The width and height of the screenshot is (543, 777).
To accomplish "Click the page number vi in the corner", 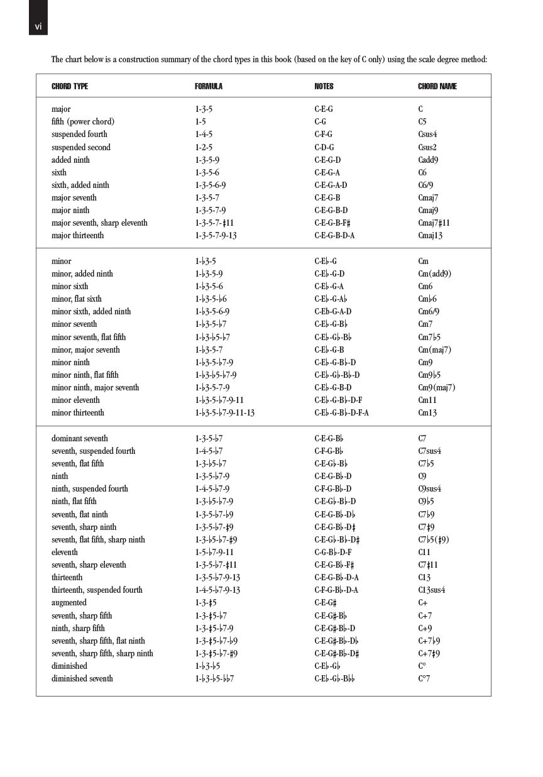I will (38, 26).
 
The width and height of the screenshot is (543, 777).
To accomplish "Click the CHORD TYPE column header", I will (70, 86).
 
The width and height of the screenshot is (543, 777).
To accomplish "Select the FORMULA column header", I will (209, 86).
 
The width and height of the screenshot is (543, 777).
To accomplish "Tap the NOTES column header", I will (324, 86).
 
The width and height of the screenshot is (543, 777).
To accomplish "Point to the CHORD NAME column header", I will (437, 86).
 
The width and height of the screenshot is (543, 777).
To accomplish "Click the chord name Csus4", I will (427, 135).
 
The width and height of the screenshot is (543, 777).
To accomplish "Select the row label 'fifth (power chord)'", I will (83, 122).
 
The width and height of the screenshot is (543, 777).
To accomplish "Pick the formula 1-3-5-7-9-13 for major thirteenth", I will (216, 236).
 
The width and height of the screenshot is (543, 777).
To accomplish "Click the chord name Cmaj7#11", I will (434, 223).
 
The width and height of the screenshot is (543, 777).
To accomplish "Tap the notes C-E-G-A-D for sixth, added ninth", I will (331, 185).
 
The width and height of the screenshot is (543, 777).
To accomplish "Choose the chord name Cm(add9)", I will (434, 274).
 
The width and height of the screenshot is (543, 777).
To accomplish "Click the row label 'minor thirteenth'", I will (78, 413).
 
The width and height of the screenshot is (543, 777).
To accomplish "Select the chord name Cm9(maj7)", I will (436, 388).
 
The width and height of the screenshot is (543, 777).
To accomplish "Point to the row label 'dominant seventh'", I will (80, 439).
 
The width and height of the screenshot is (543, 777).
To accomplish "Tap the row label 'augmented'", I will (69, 603).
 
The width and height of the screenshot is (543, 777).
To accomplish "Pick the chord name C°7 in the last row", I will (424, 679).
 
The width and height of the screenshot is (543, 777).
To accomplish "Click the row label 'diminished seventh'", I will (82, 679).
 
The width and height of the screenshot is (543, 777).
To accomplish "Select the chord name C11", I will (424, 553).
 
